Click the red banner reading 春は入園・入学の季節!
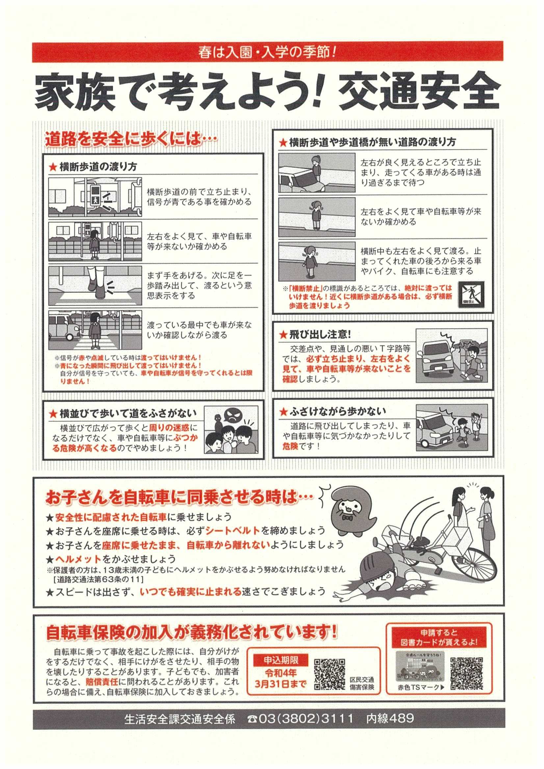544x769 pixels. click(268, 52)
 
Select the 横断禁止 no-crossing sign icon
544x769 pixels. click(471, 294)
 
